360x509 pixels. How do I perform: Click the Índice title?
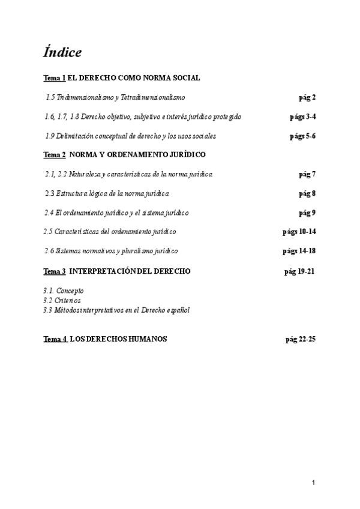[62, 52]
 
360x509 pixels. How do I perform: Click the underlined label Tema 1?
[55, 78]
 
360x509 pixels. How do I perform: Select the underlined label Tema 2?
[55, 155]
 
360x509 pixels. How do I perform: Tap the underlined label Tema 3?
[55, 271]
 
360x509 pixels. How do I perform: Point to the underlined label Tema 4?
[55, 339]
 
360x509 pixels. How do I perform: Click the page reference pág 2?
[307, 97]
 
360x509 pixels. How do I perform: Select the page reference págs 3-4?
[303, 116]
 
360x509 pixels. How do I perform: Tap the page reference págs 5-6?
[303, 136]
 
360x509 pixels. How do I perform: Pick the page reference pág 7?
[307, 174]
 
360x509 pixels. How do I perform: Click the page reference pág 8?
[307, 193]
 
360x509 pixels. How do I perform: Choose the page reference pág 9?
[307, 212]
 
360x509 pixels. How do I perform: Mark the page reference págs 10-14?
[299, 232]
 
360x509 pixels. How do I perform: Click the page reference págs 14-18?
[299, 251]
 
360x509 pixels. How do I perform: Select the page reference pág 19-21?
[299, 271]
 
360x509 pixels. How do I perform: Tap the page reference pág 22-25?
[301, 339]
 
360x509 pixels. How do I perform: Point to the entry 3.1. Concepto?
[64, 291]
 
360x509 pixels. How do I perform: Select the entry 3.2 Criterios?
[62, 300]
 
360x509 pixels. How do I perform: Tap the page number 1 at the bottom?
[313, 483]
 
